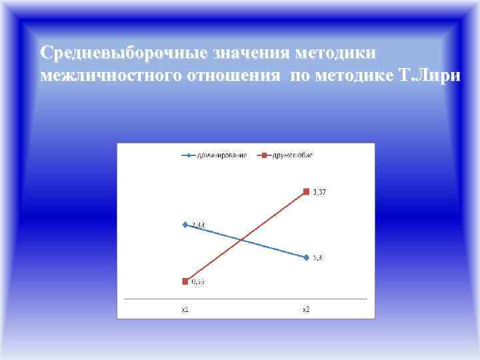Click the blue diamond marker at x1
(185, 225)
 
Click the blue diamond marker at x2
(306, 257)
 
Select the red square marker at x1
(185, 281)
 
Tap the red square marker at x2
(306, 192)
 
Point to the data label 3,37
(319, 193)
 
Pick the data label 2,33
(198, 225)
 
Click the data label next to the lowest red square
(198, 283)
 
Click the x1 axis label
(185, 309)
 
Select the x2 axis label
(306, 309)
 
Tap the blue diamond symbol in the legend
(190, 155)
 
